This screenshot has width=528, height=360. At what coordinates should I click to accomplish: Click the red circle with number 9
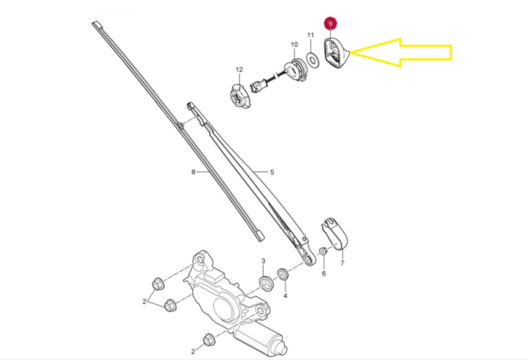tap(330, 23)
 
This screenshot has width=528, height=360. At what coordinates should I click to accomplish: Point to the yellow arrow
tap(401, 52)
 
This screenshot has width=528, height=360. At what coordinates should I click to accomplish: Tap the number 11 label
tap(311, 35)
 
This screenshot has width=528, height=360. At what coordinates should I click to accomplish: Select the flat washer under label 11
tap(313, 60)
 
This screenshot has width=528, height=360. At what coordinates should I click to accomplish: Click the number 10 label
tap(294, 44)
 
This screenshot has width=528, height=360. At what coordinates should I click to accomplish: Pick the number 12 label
tap(239, 70)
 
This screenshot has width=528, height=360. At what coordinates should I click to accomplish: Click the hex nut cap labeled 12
tap(240, 96)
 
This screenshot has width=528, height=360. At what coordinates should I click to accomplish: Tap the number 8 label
tap(193, 172)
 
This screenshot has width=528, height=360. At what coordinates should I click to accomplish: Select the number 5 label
tap(272, 172)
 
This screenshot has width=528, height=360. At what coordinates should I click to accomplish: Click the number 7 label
tap(342, 263)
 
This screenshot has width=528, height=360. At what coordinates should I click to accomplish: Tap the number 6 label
tap(324, 273)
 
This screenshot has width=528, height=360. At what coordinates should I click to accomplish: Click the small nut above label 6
tap(323, 251)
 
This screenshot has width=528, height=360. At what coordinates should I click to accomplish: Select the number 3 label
tap(263, 261)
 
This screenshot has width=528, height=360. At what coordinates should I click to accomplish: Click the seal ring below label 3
tap(266, 283)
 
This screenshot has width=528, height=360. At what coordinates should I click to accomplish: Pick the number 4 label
tap(285, 296)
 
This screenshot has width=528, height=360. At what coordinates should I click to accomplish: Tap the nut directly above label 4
tap(282, 274)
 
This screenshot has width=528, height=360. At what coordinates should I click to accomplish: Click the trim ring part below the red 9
tap(335, 53)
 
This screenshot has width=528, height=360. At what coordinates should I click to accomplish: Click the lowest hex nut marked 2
tap(209, 340)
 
